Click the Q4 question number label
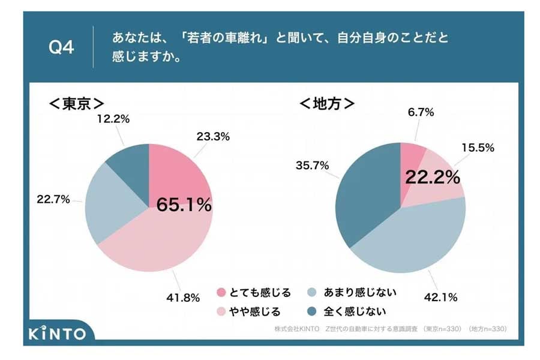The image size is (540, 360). (x=61, y=47)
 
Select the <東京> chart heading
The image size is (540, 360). (x=76, y=104)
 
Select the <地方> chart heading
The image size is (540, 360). (x=326, y=104)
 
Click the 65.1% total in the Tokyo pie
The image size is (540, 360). (x=184, y=205)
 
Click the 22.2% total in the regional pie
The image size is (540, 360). (x=432, y=177)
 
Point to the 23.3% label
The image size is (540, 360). (x=213, y=136)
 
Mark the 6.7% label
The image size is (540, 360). (x=419, y=112)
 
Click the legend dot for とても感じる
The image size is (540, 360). (x=221, y=293)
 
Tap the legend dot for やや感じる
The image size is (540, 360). (x=221, y=311)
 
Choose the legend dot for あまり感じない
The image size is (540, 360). (x=311, y=293)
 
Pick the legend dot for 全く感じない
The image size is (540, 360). (x=311, y=311)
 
